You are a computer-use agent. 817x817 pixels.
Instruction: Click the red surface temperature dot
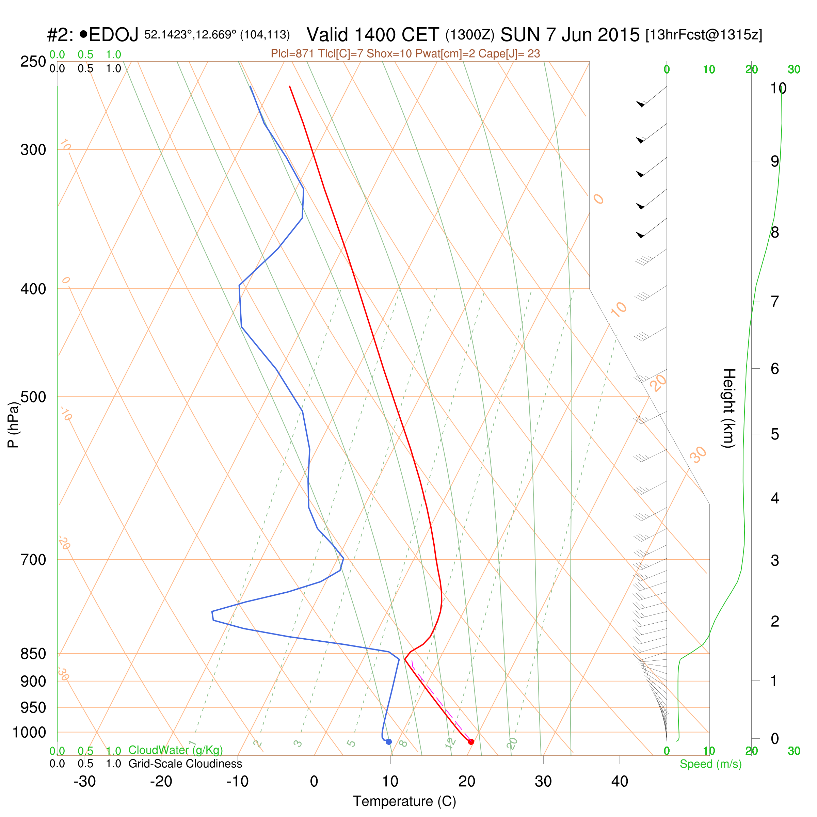(471, 742)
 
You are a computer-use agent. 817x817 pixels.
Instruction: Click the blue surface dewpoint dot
(389, 742)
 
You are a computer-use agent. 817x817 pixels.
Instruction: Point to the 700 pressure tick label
(33, 560)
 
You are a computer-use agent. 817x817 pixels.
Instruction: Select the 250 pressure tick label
(33, 62)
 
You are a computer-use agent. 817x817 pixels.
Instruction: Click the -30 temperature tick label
(84, 782)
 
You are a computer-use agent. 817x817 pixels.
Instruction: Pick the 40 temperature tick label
(620, 782)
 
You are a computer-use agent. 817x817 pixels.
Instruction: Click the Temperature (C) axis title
(405, 801)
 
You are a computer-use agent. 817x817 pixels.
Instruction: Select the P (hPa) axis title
(13, 424)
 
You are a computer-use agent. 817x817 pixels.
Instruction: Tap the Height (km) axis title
(728, 408)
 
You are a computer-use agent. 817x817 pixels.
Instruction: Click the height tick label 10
(778, 89)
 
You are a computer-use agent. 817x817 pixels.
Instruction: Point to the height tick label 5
(775, 434)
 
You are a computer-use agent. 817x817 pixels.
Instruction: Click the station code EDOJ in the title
(114, 35)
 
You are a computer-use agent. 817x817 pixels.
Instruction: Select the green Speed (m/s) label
(711, 764)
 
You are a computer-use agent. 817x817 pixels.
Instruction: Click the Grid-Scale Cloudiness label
(185, 764)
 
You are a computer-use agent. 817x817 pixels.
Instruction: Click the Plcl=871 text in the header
(292, 54)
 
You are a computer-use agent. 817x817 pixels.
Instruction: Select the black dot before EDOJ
(83, 34)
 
